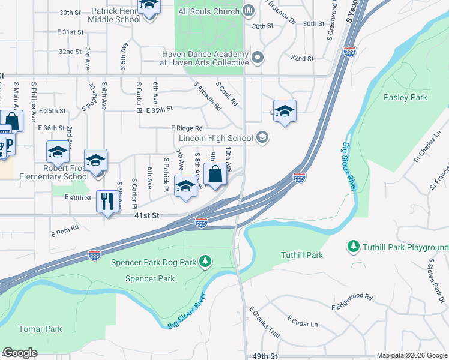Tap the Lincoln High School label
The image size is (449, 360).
215,139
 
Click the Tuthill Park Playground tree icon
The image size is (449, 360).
354,247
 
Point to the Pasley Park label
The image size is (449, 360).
405,97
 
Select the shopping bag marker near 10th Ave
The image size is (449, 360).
215,175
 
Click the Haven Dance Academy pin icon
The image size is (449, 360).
258,58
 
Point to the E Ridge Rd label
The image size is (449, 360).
187,128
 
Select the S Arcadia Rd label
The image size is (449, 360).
208,96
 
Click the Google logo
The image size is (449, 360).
20,353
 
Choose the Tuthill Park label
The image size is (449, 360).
302,255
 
